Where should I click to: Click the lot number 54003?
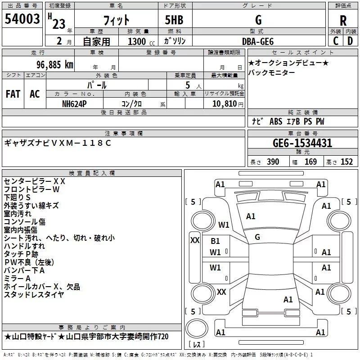[22, 19]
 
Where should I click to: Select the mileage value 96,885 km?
[55, 65]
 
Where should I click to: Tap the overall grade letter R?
[343, 21]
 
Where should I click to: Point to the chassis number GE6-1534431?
[302, 143]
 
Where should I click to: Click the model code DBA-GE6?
[258, 41]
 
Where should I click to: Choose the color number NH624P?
[74, 104]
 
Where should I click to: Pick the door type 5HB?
[174, 20]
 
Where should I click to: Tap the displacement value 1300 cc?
[141, 41]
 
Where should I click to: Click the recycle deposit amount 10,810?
[225, 104]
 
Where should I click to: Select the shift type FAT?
[13, 94]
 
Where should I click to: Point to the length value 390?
[273, 162]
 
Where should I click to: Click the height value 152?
[346, 162]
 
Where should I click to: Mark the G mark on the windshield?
[257, 237]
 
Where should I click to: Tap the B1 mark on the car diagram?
[215, 241]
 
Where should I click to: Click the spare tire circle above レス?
[197, 328]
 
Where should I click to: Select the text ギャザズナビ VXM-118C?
[58, 143]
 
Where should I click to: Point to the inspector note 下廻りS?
[17, 198]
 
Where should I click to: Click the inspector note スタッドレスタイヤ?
[34, 295]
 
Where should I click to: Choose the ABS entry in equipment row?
[276, 121]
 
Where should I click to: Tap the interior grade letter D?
[350, 41]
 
